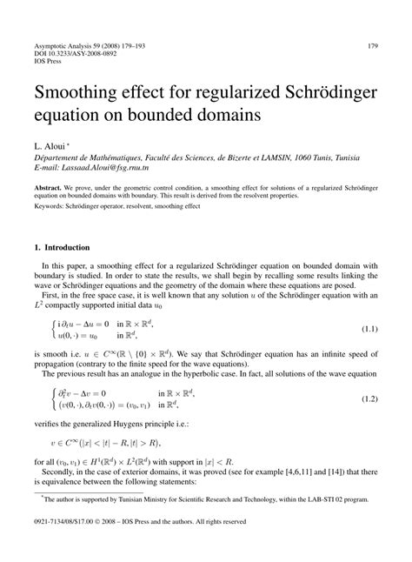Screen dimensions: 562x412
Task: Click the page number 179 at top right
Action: tap(371, 21)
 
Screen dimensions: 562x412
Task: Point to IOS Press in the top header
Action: tap(49, 38)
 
